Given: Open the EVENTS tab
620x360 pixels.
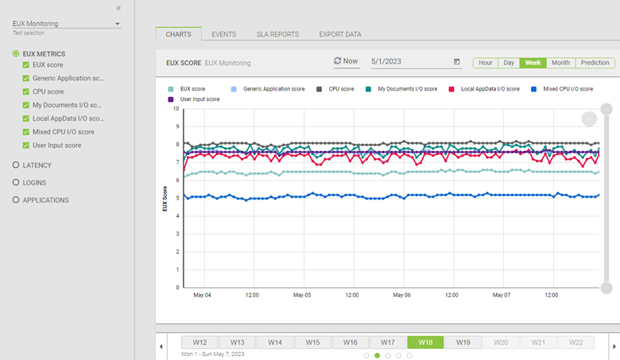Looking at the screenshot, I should point(223,34).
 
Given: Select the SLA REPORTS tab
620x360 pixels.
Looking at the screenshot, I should point(277,34).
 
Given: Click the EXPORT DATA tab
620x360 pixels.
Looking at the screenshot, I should point(340,34).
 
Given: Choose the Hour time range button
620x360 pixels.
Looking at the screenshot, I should point(486,63).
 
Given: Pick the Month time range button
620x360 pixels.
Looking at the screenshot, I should point(560,63).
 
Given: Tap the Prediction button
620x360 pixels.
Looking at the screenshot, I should point(595,63).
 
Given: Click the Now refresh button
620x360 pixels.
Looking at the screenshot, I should point(346,61).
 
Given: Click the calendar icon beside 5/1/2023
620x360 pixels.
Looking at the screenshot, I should point(456,61).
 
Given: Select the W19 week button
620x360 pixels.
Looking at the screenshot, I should point(463,343).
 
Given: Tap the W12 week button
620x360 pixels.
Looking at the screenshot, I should point(200,343).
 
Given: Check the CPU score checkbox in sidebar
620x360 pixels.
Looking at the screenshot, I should point(26,91).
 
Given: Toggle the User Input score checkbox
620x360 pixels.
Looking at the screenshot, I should point(26,145).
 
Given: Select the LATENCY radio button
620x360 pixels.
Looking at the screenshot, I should point(16,165).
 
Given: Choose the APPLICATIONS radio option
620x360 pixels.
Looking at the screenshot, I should point(16,200).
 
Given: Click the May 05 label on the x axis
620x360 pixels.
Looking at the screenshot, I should point(302,295).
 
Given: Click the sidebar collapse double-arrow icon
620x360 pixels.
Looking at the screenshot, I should point(118,8).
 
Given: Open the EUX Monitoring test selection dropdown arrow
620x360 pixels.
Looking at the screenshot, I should point(118,24).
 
